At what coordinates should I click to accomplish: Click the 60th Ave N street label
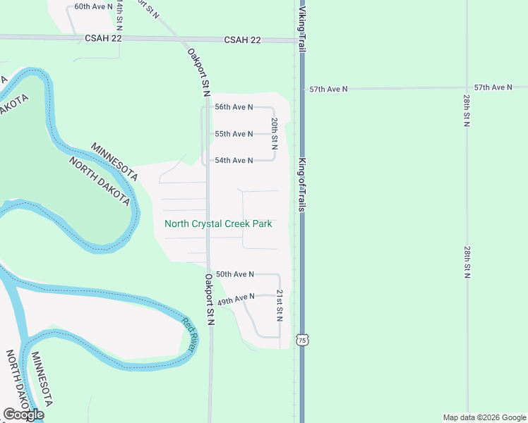pos(93,6)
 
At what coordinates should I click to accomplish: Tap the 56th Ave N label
pos(234,107)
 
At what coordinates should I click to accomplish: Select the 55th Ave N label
pos(234,134)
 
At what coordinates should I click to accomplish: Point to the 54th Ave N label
pos(234,161)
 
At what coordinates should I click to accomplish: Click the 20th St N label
pos(274,133)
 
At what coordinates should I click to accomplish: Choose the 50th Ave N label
pos(234,274)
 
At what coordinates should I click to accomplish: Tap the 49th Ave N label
pos(236,300)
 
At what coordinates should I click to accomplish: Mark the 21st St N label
pos(280,305)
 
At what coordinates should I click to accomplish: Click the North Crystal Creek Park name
pos(218,224)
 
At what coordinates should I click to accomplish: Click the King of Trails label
pos(301,185)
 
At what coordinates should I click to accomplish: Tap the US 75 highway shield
pos(302,340)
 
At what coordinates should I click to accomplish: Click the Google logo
pos(23,415)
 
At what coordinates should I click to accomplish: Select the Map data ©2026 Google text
pos(485,417)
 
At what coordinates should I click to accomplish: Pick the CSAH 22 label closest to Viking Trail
pos(243,40)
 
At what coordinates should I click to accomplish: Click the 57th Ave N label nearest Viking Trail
pos(329,90)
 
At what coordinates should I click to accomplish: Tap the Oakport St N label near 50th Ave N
pos(210,300)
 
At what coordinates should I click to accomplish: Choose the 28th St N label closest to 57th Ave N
pos(467,108)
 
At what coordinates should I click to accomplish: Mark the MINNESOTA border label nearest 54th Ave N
pos(114,161)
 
